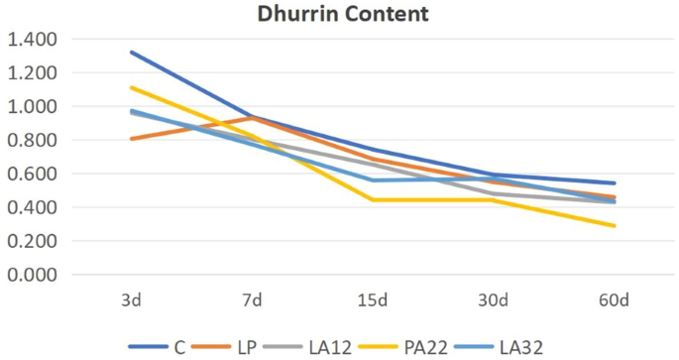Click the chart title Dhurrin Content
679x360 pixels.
coord(340,15)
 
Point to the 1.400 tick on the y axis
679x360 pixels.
coord(32,40)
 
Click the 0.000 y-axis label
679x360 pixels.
coord(32,275)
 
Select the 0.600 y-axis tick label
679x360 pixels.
coord(32,175)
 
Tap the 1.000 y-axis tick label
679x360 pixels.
coord(32,107)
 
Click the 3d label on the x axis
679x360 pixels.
coord(131,300)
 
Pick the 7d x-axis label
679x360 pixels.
coord(252,300)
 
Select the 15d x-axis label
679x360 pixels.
coord(373,300)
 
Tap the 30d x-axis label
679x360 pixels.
coord(494,300)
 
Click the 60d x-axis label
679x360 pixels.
coord(615,300)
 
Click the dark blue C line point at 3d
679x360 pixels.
coord(131,53)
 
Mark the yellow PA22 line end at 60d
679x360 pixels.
coord(615,226)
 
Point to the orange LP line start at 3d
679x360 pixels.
coord(131,139)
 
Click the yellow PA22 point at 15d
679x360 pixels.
coord(373,200)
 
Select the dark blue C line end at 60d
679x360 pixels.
coord(615,183)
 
